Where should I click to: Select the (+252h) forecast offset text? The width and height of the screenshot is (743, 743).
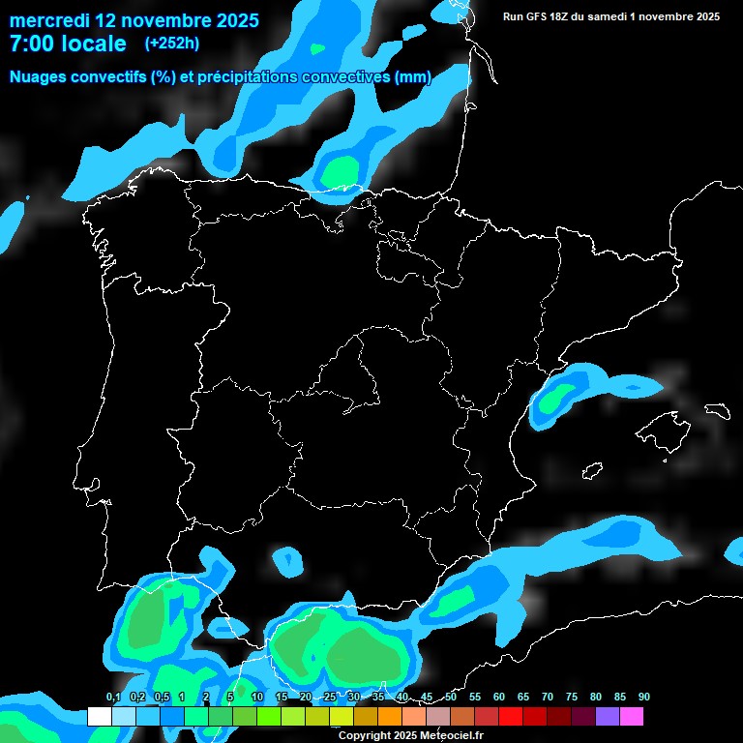click(171, 44)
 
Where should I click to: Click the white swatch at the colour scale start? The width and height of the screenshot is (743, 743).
click(99, 716)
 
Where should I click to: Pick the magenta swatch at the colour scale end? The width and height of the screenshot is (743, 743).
click(632, 716)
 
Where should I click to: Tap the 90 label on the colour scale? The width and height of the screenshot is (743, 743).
click(643, 698)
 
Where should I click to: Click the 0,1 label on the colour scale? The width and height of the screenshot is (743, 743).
click(113, 698)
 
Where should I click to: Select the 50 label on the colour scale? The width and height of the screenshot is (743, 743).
click(451, 698)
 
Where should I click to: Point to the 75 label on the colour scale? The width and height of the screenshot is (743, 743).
click(572, 698)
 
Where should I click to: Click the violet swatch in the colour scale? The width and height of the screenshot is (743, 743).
click(608, 716)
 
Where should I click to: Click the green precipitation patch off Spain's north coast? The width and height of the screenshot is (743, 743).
click(341, 170)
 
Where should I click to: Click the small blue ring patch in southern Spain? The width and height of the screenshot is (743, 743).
click(287, 559)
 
